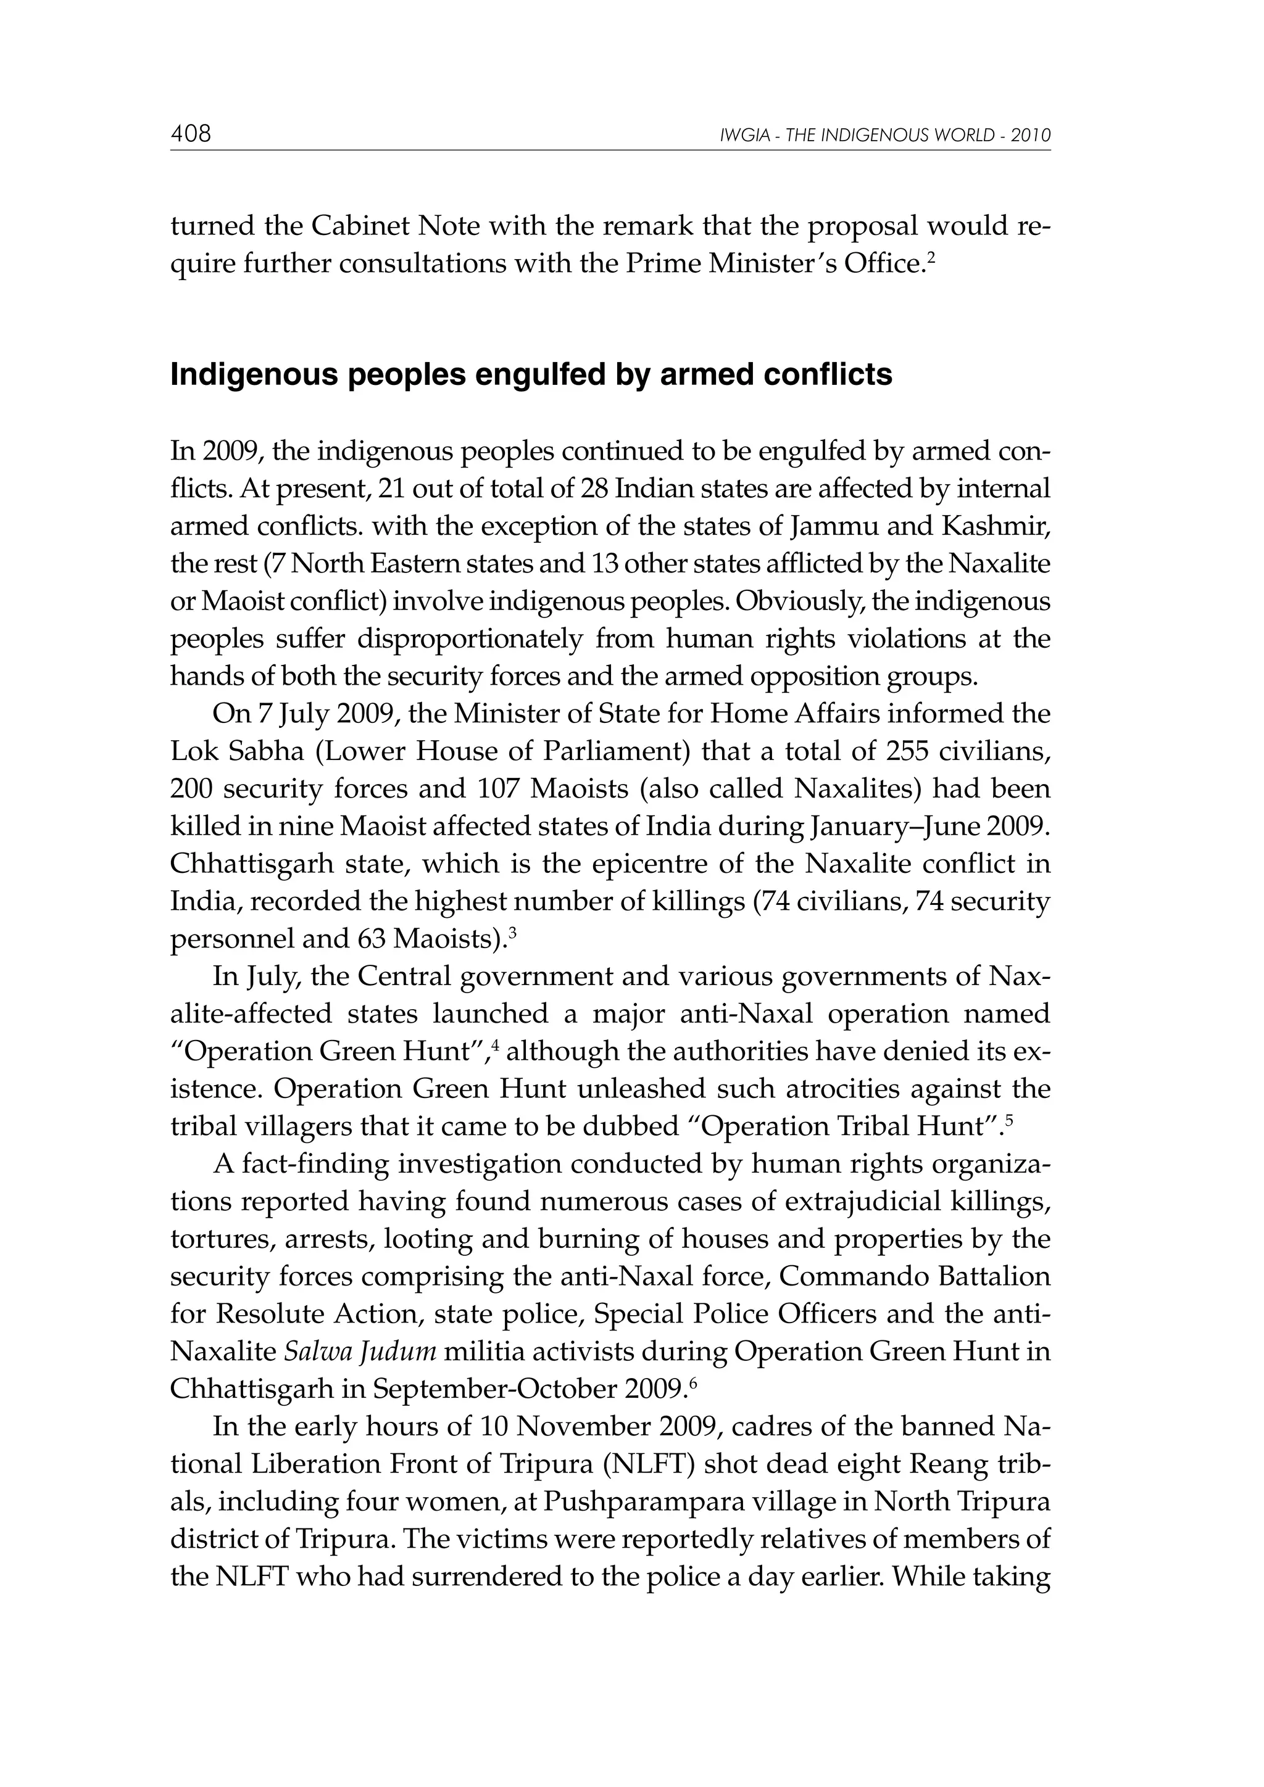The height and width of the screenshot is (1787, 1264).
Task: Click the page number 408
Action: click(191, 134)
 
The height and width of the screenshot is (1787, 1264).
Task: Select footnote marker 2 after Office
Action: click(931, 256)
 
